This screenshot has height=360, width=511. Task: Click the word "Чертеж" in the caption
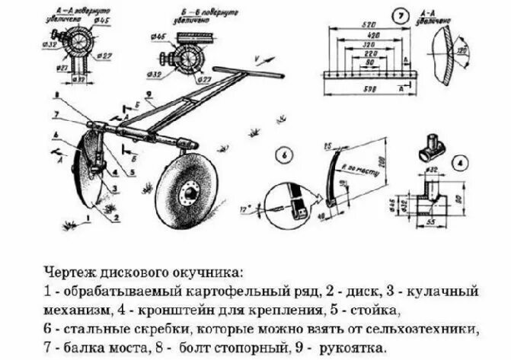click(67, 272)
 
